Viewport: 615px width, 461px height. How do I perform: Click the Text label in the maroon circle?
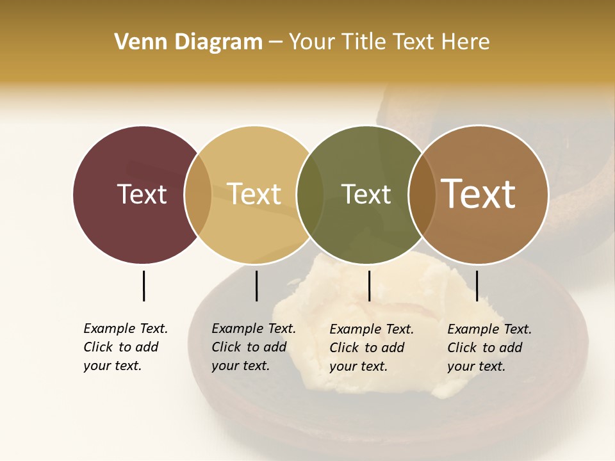[x=142, y=194]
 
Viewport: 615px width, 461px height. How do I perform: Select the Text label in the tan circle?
[x=254, y=194]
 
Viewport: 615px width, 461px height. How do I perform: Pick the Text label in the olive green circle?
[x=366, y=194]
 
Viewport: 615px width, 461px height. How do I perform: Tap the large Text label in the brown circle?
[x=479, y=194]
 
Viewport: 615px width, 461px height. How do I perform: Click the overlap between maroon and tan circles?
[x=198, y=195]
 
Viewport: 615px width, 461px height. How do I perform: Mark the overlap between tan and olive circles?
[x=310, y=195]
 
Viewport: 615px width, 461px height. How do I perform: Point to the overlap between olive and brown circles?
[x=422, y=195]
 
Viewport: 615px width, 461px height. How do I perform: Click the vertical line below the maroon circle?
[x=143, y=286]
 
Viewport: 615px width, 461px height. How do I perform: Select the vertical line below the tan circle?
[x=256, y=286]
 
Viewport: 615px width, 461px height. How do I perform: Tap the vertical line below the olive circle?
[x=369, y=286]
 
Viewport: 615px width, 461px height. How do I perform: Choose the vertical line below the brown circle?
[x=477, y=286]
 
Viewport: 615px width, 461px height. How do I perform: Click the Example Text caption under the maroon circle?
[x=125, y=347]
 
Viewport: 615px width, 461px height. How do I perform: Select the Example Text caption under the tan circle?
[x=253, y=347]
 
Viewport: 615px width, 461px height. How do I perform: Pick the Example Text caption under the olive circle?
[x=371, y=348]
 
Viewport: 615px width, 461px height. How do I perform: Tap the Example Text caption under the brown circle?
[x=489, y=348]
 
